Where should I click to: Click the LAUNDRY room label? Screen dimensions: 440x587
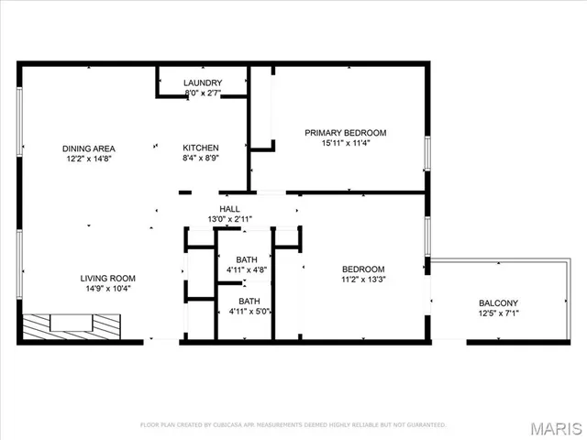(203, 82)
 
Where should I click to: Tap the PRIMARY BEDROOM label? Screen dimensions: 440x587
(346, 133)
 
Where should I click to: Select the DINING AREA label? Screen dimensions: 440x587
(87, 148)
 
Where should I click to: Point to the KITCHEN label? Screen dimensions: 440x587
(200, 148)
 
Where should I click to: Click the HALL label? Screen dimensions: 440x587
(229, 209)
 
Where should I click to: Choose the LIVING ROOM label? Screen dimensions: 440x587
(108, 279)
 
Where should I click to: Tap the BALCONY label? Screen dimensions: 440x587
(498, 303)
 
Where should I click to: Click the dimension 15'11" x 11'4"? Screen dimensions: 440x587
(346, 143)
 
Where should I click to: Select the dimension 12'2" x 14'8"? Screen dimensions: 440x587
(87, 158)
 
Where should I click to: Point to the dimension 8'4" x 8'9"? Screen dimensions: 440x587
(200, 158)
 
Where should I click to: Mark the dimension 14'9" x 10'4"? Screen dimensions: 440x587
(108, 289)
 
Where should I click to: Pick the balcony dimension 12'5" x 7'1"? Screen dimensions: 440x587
(498, 314)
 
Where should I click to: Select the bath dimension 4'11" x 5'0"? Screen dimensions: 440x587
(249, 312)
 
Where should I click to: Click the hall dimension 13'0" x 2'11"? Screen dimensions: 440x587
(229, 219)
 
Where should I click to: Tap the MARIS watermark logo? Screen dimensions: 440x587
(555, 428)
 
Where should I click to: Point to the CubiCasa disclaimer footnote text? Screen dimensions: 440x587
(293, 424)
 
